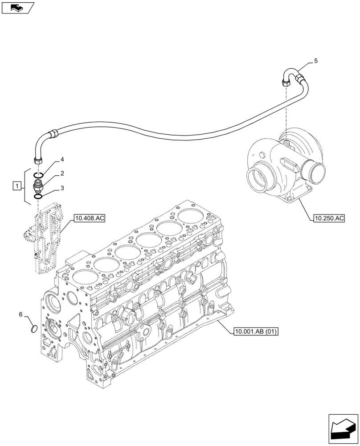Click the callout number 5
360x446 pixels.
315,61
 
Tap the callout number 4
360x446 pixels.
62,159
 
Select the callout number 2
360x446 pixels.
62,173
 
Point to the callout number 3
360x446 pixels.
62,188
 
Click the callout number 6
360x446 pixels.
21,314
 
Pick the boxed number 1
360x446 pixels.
16,186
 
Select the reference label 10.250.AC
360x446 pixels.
329,218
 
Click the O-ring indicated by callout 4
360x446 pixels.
39,174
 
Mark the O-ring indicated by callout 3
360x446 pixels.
38,196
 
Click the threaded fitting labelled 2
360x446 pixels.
38,186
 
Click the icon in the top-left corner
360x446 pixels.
18,8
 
